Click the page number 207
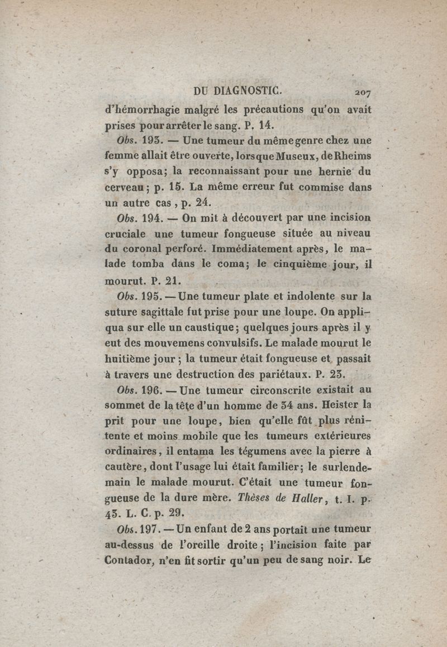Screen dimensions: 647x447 [x=362, y=92]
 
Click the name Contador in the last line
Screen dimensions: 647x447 [x=127, y=560]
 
